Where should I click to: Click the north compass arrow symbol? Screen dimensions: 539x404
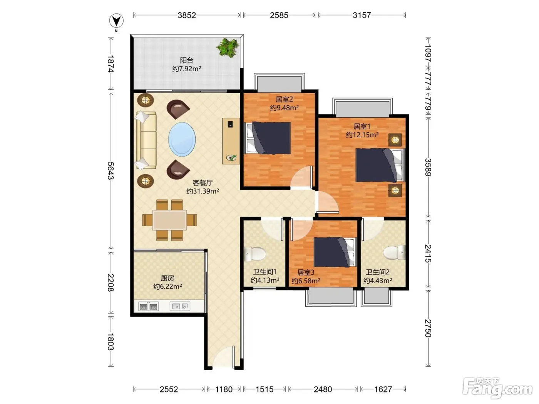116,21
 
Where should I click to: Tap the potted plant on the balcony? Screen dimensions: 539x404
228,48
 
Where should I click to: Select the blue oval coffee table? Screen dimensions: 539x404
182,139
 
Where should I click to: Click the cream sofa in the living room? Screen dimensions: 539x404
146,140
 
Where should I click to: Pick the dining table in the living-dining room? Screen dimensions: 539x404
169,220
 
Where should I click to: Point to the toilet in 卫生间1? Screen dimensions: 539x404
254,254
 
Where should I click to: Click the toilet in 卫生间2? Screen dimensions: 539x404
394,252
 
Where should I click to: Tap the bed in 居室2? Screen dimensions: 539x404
268,138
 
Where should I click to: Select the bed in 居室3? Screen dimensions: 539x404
335,252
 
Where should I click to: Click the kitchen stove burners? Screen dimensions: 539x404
148,306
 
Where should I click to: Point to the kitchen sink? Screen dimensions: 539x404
180,306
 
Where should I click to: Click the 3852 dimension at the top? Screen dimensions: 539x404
187,15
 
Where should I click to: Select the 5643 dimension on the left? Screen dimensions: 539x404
111,171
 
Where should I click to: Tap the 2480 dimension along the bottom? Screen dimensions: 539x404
323,389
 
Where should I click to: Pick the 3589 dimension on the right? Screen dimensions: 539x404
428,167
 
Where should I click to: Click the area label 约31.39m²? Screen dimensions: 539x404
203,191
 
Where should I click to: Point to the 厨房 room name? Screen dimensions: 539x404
167,278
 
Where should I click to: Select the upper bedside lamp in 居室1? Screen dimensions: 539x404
395,140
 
